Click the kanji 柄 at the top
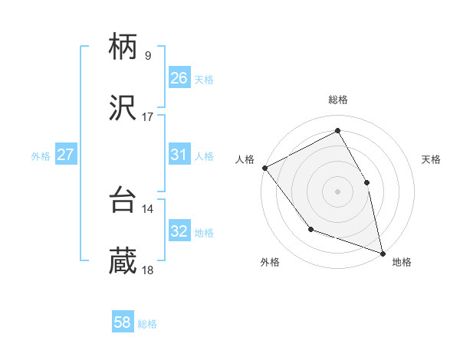pos(123,48)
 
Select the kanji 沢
pos(123,110)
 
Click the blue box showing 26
pos(179,78)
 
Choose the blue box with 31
pos(179,155)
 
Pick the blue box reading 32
pos(179,231)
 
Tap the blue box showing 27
pos(66,155)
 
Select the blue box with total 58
pos(123,322)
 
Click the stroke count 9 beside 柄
pos(148,55)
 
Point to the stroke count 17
pos(148,117)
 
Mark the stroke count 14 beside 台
pos(148,208)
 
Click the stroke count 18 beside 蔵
pos(148,270)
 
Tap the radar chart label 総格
pos(338,100)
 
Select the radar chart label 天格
pos(432,159)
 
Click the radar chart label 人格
pos(245,159)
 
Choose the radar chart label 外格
pos(270,263)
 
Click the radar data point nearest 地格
pos(382,253)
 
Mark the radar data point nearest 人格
pos(264,168)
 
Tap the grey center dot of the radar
pos(338,191)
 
